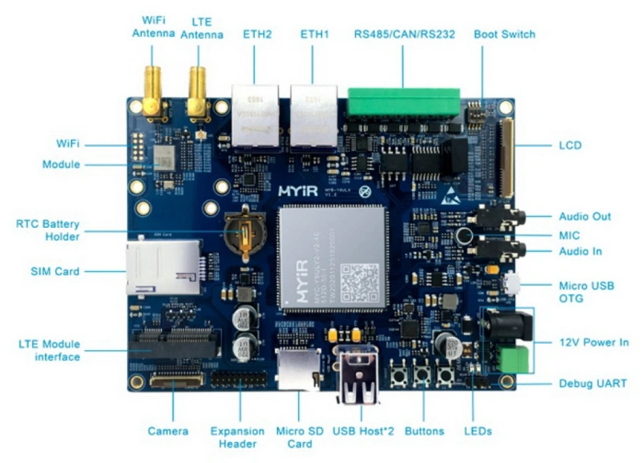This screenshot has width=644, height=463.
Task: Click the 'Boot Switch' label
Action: [504, 34]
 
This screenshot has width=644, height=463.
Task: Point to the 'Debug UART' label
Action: [592, 382]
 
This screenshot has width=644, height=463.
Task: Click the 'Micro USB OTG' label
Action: [592, 293]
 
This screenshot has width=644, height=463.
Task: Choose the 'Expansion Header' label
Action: [237, 437]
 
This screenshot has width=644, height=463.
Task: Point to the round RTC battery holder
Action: [245, 232]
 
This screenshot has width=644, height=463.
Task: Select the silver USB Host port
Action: [359, 375]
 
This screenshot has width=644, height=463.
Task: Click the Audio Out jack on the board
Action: [500, 217]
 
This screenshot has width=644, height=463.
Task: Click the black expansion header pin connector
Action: [239, 379]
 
